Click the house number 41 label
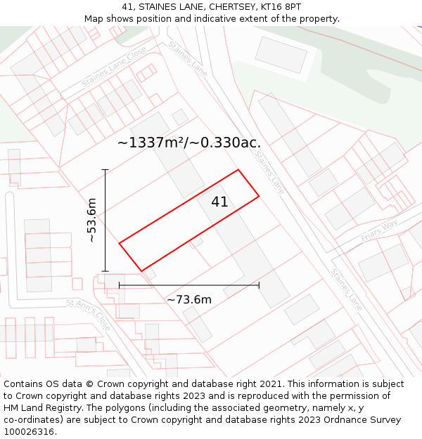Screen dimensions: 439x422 (x=219, y=202)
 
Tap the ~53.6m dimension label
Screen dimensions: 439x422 (x=91, y=221)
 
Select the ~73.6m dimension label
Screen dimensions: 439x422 (x=189, y=300)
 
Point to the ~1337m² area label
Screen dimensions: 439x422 (x=189, y=143)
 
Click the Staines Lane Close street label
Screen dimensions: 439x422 (x=115, y=67)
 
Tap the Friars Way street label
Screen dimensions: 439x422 (x=379, y=229)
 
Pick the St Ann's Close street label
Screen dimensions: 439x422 (x=89, y=315)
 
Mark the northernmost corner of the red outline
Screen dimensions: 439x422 (x=238, y=170)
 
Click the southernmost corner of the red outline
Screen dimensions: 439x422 (x=141, y=270)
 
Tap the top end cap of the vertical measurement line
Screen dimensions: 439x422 (x=105, y=170)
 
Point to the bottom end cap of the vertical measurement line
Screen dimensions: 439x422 (x=105, y=271)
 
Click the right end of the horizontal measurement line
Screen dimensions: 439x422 (x=259, y=285)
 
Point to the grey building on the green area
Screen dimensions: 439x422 (x=281, y=54)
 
